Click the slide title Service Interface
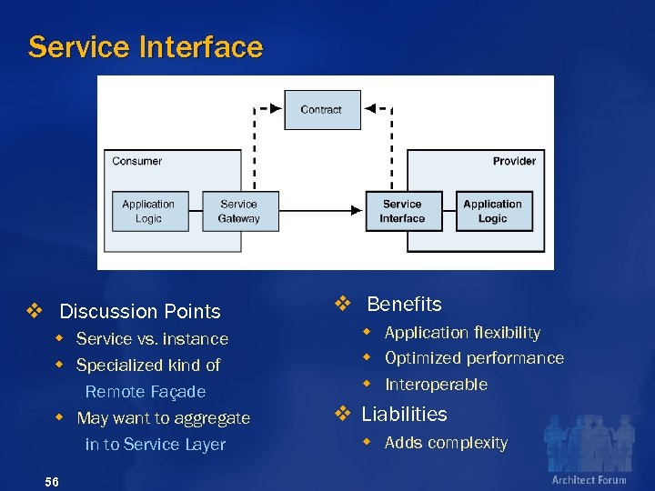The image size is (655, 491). pos(145,47)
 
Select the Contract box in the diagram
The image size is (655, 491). pos(320,109)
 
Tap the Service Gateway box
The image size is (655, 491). pos(238,211)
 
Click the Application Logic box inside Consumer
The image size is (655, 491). pos(148,211)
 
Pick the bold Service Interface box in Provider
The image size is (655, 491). pos(402,211)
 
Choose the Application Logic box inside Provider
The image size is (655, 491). pos(492,211)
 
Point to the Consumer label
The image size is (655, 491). pos(136,161)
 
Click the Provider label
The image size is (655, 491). pos(514,161)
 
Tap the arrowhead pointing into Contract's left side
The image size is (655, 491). pos(277,108)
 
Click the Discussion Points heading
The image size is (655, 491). pos(139,311)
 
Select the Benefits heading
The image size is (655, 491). pos(404,305)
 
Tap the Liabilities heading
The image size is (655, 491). pos(404,415)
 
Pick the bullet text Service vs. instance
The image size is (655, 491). pos(152,339)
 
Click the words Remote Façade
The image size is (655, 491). pos(146,392)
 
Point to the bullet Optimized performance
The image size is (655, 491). pos(474,358)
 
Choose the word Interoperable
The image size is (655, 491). pos(436,385)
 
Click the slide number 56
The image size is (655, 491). pos(51,481)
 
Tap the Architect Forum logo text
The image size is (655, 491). pos(589,480)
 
